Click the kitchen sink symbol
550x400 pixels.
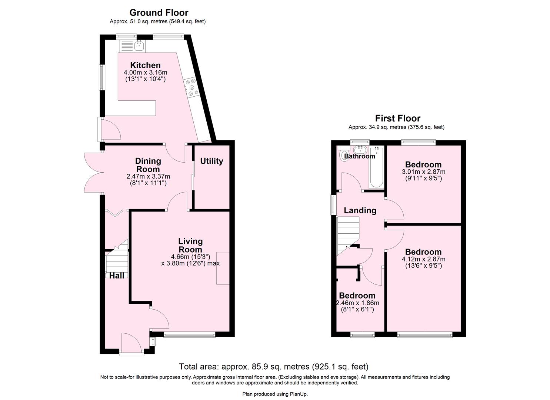(139, 46)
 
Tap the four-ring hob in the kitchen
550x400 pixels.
(191, 88)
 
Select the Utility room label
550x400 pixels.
(211, 161)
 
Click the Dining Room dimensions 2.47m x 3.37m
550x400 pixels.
(148, 177)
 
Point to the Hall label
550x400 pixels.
(117, 276)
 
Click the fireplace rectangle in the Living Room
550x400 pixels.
(223, 268)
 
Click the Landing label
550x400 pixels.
(360, 210)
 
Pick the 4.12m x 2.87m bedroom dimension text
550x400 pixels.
(423, 259)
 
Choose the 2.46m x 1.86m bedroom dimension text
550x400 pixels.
(357, 303)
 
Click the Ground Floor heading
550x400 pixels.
(159, 13)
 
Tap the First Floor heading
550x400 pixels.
(397, 119)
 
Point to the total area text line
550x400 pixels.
(274, 367)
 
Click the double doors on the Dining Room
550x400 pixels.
(94, 173)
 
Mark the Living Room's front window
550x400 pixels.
(189, 335)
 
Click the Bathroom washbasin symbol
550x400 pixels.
(360, 150)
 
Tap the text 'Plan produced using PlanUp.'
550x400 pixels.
(275, 394)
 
